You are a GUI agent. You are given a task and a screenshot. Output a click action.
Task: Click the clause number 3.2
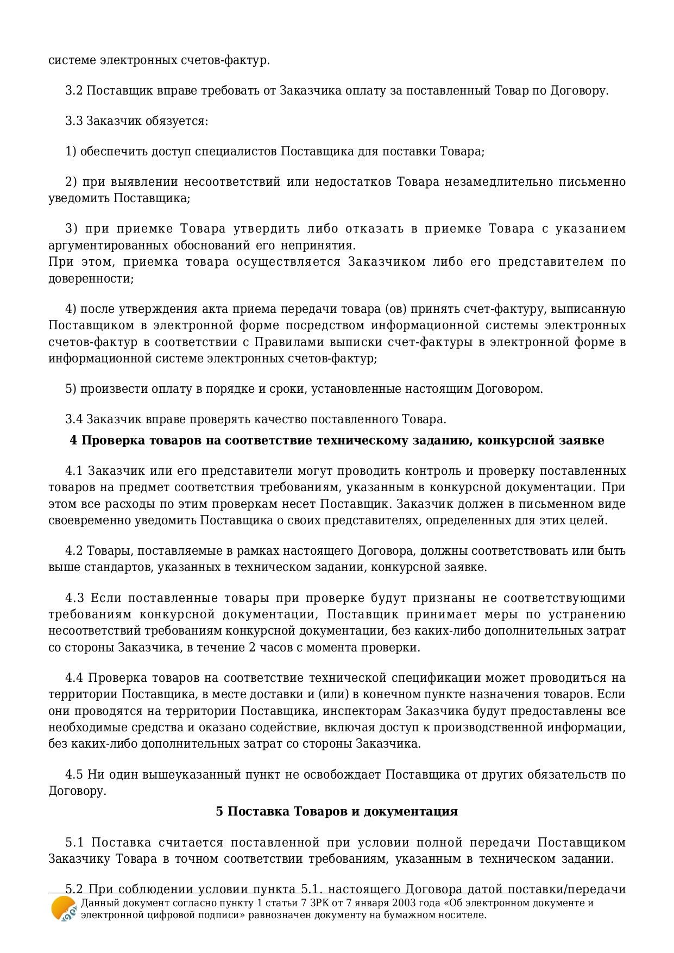pyautogui.click(x=74, y=91)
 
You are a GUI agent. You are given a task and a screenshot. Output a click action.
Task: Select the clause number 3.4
pyautogui.click(x=74, y=419)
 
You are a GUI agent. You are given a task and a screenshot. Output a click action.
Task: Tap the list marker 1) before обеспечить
pyautogui.click(x=71, y=152)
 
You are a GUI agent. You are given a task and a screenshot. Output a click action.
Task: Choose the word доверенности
pyautogui.click(x=90, y=279)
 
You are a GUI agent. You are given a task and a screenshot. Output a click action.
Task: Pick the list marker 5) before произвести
pyautogui.click(x=71, y=389)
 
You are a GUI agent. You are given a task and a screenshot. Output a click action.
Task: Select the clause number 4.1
pyautogui.click(x=74, y=471)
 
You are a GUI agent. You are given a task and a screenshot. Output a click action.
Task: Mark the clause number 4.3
pyautogui.click(x=74, y=599)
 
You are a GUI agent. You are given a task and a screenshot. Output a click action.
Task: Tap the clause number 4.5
pyautogui.click(x=74, y=774)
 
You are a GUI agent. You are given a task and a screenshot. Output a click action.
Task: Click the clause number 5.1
pyautogui.click(x=74, y=843)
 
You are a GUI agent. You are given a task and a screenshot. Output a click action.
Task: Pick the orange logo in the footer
pyautogui.click(x=64, y=908)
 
